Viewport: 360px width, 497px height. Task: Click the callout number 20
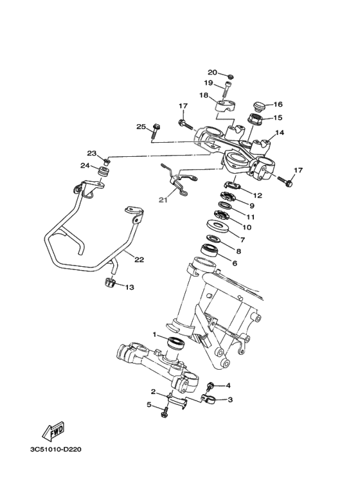[212, 72]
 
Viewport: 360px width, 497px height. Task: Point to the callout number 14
[280, 134]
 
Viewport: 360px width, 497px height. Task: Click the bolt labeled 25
[156, 133]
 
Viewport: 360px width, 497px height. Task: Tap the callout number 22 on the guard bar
[138, 259]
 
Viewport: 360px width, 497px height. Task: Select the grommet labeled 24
[102, 174]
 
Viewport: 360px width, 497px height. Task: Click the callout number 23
[91, 153]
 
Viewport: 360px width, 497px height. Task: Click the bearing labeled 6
[210, 249]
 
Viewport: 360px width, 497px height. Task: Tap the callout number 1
[155, 334]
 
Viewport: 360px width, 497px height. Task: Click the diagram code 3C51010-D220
[55, 448]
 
